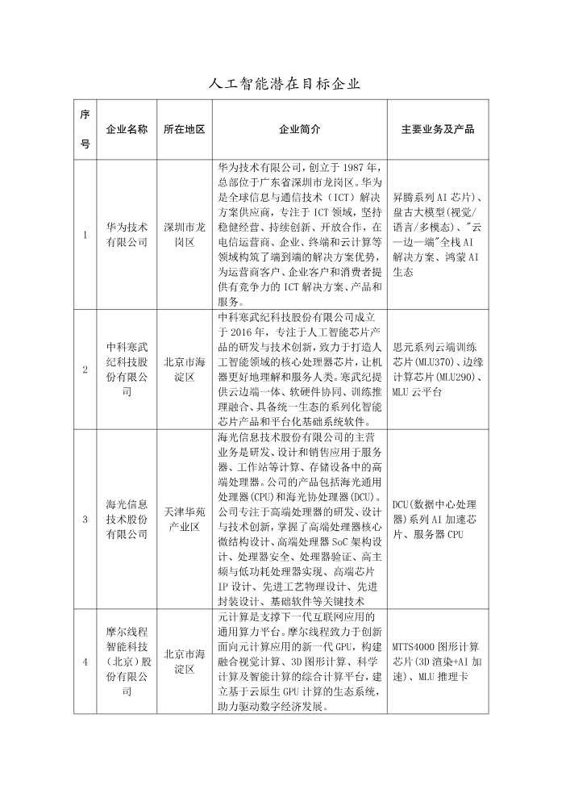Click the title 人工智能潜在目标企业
tap(285, 83)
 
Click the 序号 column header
tap(85, 130)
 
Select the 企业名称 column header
tap(127, 130)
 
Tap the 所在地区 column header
tap(184, 130)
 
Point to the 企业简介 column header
tap(299, 130)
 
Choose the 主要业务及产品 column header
tap(437, 130)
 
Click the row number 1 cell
tap(85, 235)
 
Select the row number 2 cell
tap(85, 370)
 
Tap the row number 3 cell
tap(85, 519)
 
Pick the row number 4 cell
tap(85, 662)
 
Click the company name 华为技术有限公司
tap(127, 235)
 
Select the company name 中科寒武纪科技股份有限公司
tap(127, 370)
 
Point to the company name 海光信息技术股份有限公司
tap(127, 519)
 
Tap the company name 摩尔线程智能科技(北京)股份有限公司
tap(127, 662)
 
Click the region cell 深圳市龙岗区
tap(184, 235)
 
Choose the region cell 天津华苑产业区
tap(184, 519)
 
